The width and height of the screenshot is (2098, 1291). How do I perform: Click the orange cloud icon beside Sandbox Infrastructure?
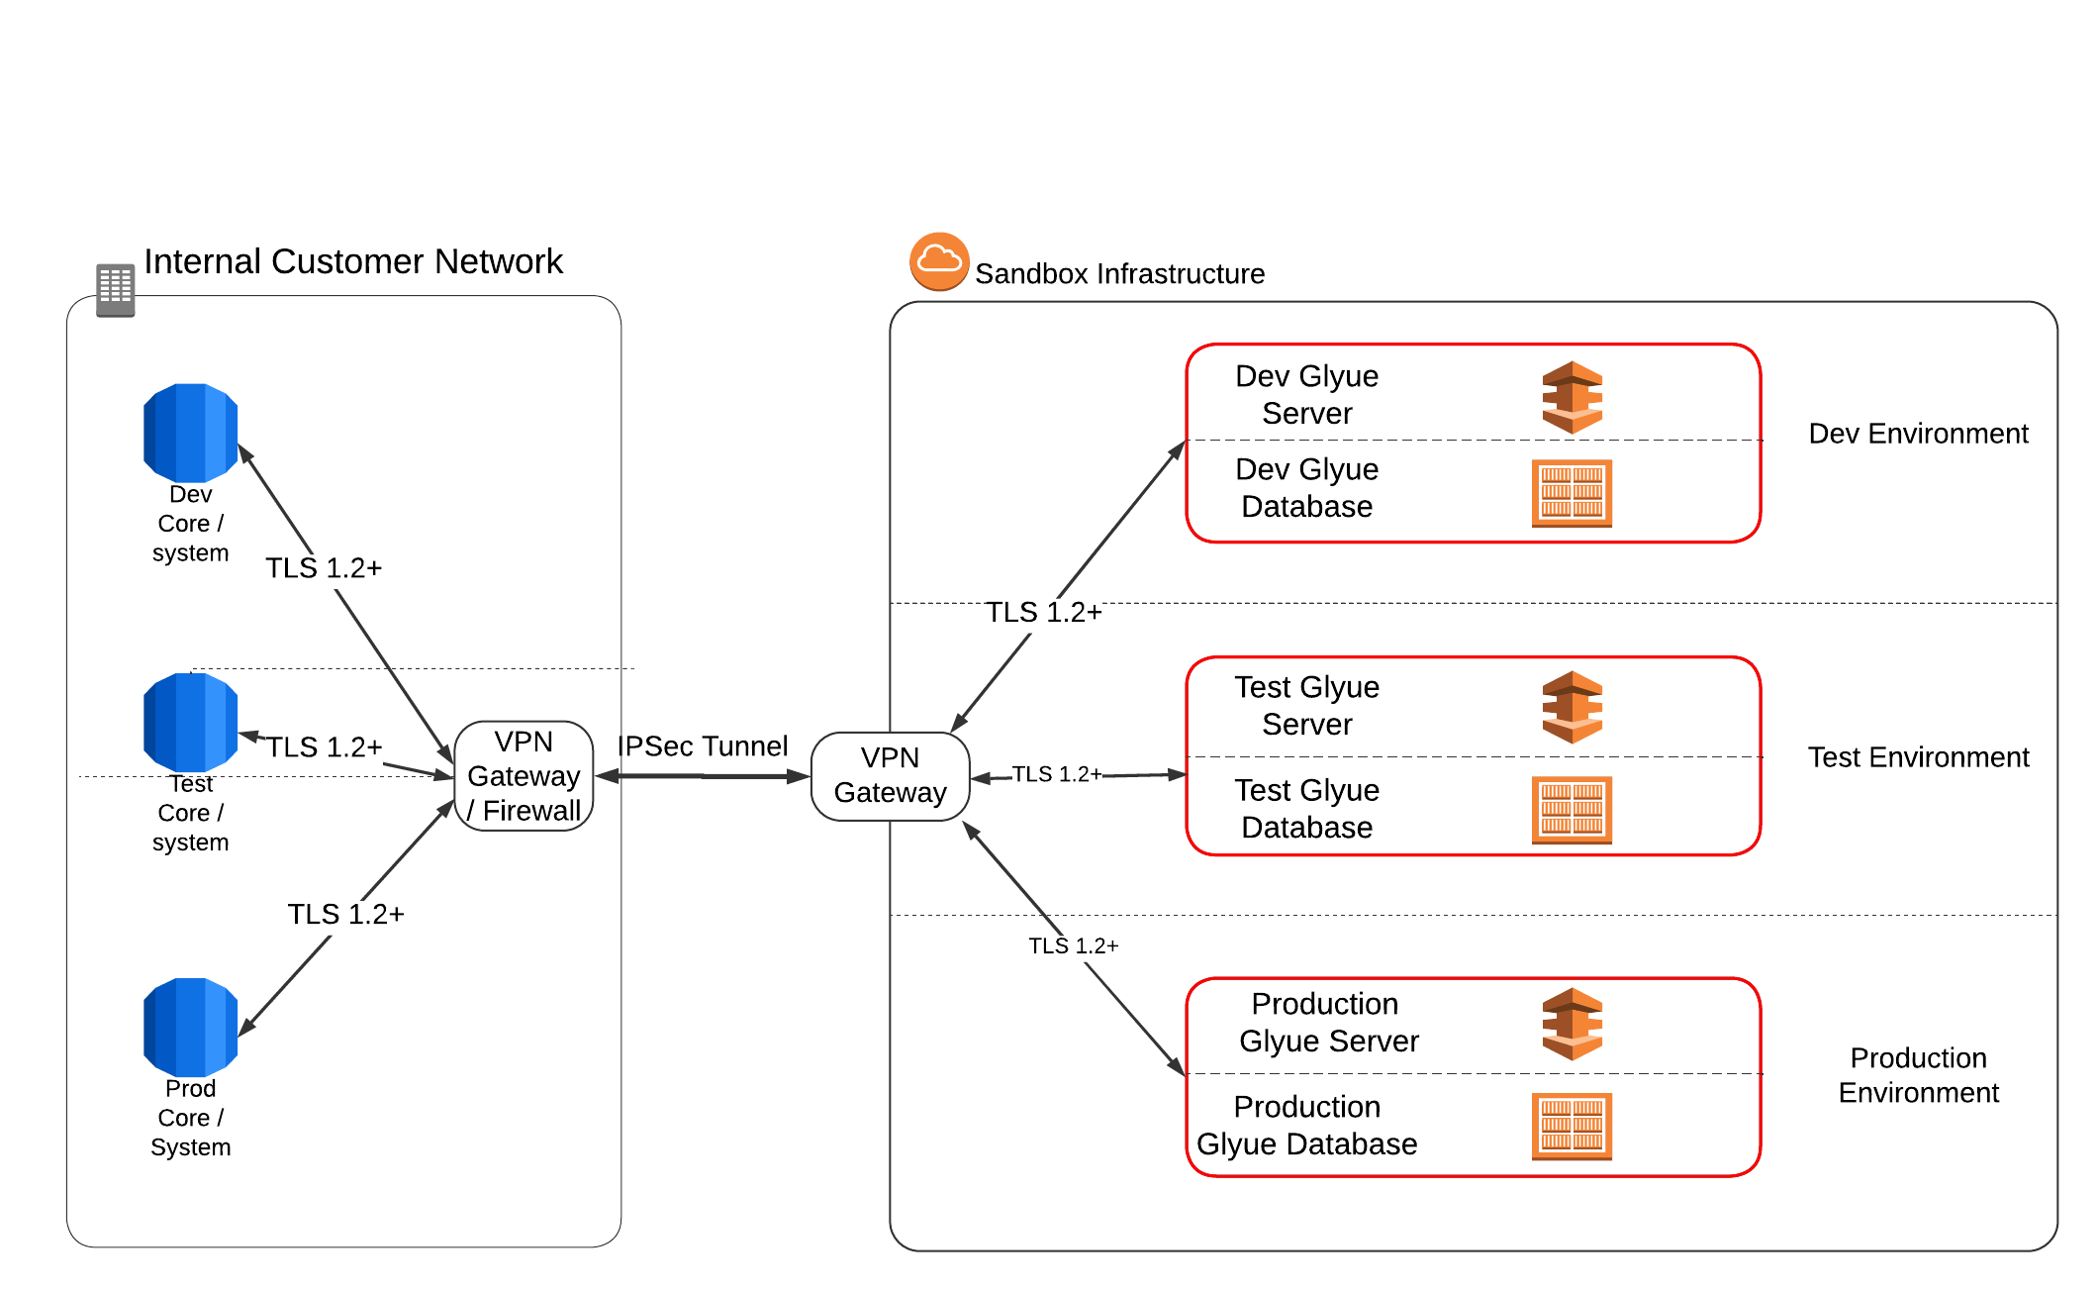click(x=938, y=262)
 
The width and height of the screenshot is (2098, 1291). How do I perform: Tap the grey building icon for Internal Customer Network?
click(x=115, y=290)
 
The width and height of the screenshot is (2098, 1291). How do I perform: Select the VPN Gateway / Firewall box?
click(x=524, y=776)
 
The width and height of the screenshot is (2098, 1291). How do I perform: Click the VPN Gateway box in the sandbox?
click(x=890, y=776)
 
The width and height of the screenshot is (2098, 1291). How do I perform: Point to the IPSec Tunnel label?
click(x=703, y=746)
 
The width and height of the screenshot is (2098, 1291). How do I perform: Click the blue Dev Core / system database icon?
click(x=191, y=433)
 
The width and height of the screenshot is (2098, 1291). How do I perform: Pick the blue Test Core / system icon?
click(x=191, y=723)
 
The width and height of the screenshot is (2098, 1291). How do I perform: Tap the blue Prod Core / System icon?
click(x=191, y=1028)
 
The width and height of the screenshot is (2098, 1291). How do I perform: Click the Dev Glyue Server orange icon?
click(x=1572, y=398)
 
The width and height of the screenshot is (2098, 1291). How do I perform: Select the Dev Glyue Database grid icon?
click(x=1572, y=493)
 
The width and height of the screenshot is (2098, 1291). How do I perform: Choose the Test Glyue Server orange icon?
click(x=1572, y=708)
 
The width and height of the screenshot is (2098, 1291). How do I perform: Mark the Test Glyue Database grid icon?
click(x=1572, y=810)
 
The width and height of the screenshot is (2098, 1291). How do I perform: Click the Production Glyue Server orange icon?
click(x=1572, y=1025)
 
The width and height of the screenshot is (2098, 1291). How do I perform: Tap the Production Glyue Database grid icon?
click(x=1572, y=1127)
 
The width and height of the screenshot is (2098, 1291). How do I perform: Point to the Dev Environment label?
click(x=1918, y=434)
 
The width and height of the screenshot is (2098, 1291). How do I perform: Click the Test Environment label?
click(x=1918, y=757)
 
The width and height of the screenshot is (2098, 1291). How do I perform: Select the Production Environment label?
click(x=1918, y=1075)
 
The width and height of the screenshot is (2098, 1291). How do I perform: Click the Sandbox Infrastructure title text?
click(x=1119, y=274)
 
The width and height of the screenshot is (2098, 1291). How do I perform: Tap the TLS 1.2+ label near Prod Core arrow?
click(x=345, y=914)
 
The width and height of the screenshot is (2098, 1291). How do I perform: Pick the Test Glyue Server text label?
click(x=1306, y=706)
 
